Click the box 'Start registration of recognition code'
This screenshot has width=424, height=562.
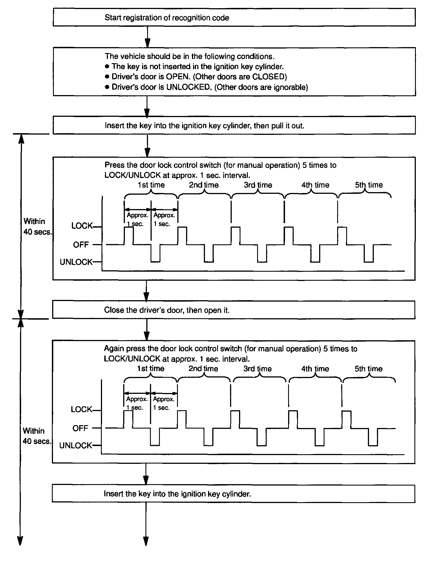(234, 17)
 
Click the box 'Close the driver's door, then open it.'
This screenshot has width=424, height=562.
(233, 310)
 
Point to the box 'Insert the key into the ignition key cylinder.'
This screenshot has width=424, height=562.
(233, 494)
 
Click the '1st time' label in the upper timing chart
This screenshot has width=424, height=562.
(151, 185)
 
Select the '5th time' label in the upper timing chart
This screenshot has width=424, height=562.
(369, 185)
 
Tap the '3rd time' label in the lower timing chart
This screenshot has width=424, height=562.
(258, 369)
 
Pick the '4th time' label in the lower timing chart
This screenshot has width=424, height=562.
(315, 369)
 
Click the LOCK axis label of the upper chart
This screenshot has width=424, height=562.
(82, 226)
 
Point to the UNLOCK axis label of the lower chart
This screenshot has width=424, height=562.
(76, 445)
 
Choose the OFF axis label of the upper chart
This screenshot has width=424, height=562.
(81, 245)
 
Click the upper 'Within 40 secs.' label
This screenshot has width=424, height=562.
(37, 227)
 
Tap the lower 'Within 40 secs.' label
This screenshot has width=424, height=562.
(37, 436)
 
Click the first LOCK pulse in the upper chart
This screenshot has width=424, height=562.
(129, 236)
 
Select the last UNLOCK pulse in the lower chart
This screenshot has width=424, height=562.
(373, 437)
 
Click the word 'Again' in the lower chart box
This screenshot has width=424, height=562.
(114, 349)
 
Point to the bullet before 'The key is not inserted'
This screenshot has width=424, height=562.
(107, 67)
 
